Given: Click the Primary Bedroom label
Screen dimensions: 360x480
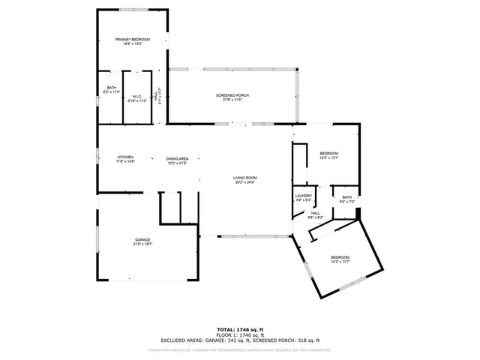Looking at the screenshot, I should coord(132,39).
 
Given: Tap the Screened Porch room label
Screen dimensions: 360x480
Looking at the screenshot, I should coord(232,96).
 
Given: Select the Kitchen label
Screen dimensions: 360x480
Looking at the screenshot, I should coord(124,157).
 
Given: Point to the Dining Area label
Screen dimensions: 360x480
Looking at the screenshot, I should coord(177,159).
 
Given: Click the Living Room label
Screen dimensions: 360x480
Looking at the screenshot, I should coord(244,178).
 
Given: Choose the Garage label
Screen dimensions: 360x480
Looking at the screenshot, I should coord(142,240).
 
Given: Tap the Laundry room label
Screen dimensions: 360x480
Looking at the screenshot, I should coord(303,196).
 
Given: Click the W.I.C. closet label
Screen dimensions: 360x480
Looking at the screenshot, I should coord(137,96).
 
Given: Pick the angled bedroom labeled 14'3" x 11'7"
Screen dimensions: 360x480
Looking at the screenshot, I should coord(340,257).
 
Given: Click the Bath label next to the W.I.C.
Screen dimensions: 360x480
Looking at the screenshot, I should coord(111,88).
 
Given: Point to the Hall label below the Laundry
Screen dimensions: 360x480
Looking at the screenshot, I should coord(316,213).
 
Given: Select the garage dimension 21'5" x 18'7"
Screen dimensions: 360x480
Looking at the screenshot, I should coord(142,244).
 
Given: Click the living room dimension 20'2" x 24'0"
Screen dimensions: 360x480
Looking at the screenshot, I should coord(244,182).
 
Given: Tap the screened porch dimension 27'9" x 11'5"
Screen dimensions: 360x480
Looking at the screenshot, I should coord(232,100).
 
